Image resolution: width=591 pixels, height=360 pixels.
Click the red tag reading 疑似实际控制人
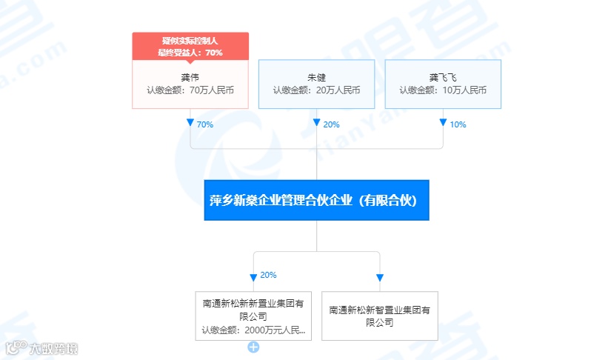tap(190, 41)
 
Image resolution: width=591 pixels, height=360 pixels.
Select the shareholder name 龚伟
tap(190, 76)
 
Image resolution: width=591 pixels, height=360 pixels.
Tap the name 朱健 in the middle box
tap(316, 76)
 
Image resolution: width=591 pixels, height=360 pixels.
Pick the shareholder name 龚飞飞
tap(443, 76)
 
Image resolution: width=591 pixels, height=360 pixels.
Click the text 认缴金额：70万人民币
tap(190, 90)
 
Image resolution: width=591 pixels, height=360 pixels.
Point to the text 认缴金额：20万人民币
tap(316, 90)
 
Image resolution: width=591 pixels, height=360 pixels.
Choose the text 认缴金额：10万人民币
tap(443, 90)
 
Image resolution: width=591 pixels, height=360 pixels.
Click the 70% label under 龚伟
tap(204, 124)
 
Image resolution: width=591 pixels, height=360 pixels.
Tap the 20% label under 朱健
tap(331, 124)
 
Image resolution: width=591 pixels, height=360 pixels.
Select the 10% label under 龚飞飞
tap(458, 124)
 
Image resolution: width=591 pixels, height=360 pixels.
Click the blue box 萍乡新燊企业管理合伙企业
tap(316, 200)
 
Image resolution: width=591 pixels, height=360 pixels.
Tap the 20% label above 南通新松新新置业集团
tap(268, 275)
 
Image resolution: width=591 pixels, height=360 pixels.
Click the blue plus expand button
tap(253, 347)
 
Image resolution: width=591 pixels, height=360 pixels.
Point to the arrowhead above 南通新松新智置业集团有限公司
tap(380, 278)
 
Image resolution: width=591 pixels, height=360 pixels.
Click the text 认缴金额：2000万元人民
tap(253, 330)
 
